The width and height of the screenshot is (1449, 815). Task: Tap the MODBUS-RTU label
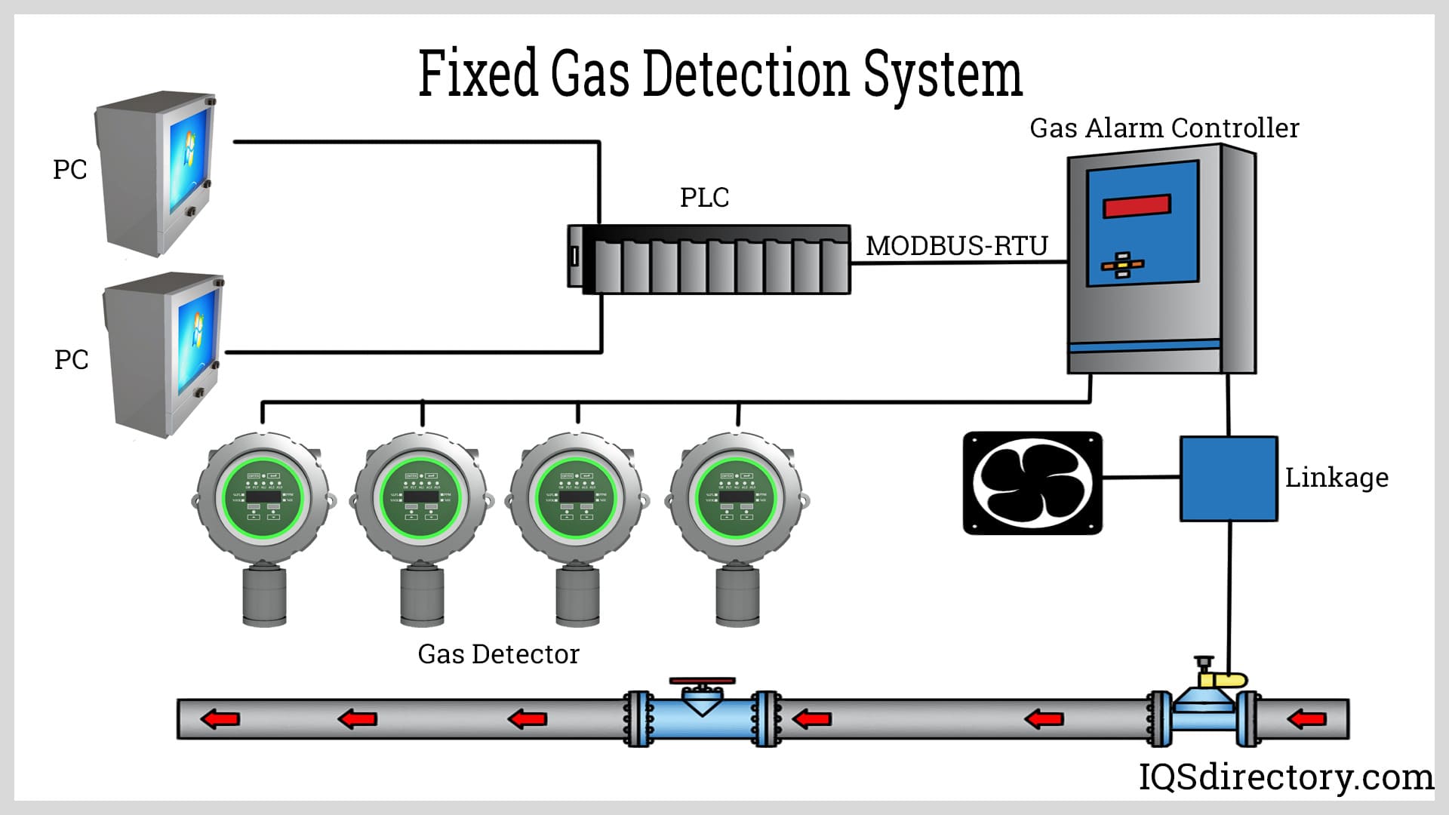(956, 246)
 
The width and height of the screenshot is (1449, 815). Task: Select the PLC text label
(704, 198)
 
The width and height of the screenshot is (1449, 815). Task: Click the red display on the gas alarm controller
(1137, 205)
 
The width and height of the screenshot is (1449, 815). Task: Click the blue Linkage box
(1229, 478)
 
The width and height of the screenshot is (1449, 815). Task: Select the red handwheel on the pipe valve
(702, 681)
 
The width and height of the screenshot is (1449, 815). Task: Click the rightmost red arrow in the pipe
(1307, 719)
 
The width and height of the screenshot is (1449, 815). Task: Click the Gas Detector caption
(498, 654)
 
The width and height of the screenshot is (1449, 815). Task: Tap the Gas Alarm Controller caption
(1164, 128)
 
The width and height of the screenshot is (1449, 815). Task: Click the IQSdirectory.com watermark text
(1285, 777)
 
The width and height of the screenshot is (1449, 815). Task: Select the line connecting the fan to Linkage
(1140, 477)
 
